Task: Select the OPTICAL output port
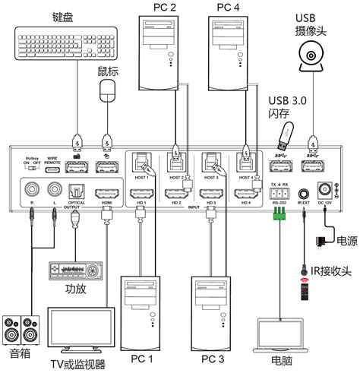pyautogui.click(x=76, y=193)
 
